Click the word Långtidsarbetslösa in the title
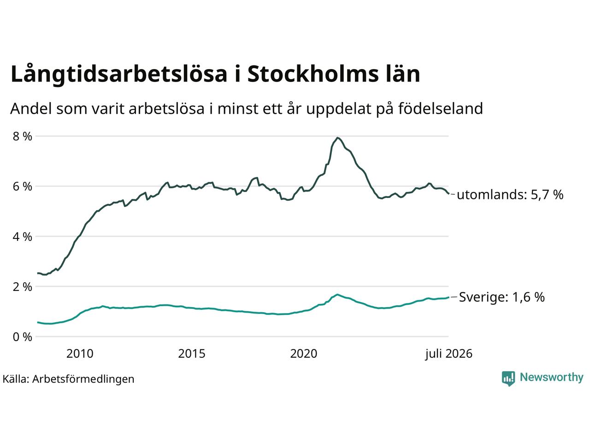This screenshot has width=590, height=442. [119, 74]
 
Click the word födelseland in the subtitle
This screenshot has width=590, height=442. [441, 109]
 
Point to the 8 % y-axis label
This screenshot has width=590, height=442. [22, 136]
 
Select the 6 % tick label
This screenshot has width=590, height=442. [22, 186]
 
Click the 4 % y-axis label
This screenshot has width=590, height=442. [22, 237]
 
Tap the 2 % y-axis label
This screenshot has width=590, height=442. [22, 287]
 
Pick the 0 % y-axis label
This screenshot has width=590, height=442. [22, 337]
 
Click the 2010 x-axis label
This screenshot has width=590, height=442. [80, 354]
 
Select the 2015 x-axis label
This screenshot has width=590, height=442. [192, 354]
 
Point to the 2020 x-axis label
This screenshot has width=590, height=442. [304, 354]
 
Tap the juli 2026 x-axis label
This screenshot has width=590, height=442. [448, 354]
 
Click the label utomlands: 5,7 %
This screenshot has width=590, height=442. [510, 194]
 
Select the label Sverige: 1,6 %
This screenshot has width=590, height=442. [502, 297]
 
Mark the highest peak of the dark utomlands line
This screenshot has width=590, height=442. [337, 138]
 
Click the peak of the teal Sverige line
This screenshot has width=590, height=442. [337, 294]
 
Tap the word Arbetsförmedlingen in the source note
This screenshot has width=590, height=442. [83, 379]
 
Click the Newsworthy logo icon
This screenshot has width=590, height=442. [508, 378]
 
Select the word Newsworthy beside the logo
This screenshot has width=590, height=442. [552, 378]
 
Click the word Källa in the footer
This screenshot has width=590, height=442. [16, 379]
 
